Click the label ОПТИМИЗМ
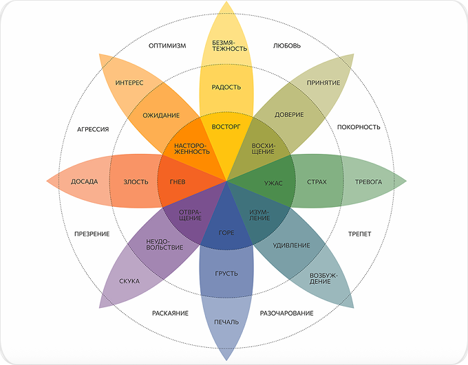click(x=167, y=47)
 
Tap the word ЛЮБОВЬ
click(x=286, y=47)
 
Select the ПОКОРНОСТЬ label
click(x=359, y=127)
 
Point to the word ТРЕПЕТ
click(x=360, y=234)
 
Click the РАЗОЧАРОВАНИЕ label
click(x=286, y=313)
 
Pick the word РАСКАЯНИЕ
click(x=170, y=313)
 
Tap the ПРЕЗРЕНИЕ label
click(x=92, y=234)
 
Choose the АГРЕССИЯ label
click(x=93, y=129)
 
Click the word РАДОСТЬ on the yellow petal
click(x=226, y=87)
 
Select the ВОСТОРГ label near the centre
click(x=226, y=127)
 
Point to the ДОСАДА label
click(x=85, y=182)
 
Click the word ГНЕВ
click(x=178, y=182)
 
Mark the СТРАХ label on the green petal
click(x=316, y=182)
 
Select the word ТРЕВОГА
click(x=368, y=182)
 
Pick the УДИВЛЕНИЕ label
click(x=291, y=245)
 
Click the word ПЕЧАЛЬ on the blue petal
click(x=226, y=322)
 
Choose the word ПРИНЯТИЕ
click(x=323, y=82)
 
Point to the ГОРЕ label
click(x=226, y=233)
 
